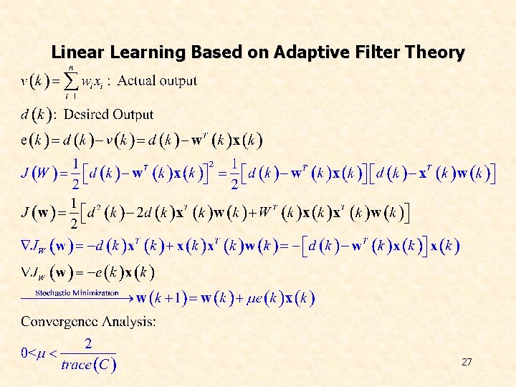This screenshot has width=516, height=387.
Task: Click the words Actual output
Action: (157, 80)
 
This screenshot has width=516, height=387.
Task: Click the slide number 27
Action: (467, 362)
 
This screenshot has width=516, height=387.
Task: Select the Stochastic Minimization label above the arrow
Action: (77, 292)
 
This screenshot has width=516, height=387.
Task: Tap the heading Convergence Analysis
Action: (88, 321)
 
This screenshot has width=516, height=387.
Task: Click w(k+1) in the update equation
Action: (166, 297)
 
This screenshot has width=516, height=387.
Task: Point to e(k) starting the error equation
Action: (34, 139)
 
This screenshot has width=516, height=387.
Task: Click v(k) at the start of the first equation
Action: (34, 82)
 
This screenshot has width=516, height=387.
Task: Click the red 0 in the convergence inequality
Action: (24, 353)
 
